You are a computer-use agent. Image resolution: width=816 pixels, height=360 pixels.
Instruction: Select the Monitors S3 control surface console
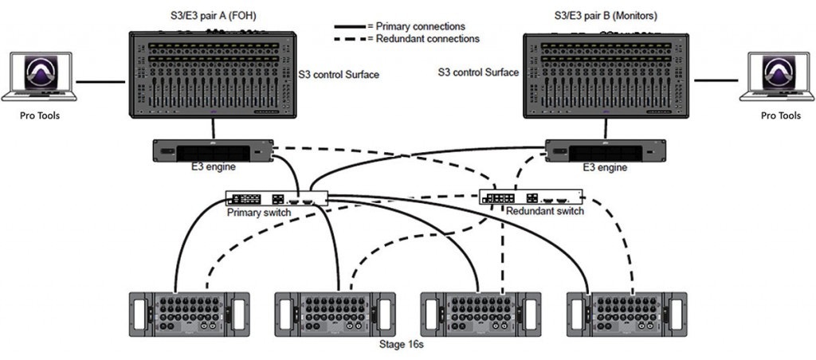pos(606,76)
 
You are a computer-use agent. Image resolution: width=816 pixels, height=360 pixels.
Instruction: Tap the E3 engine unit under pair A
pos(213,151)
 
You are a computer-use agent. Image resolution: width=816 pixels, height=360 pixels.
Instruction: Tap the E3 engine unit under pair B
pos(606,151)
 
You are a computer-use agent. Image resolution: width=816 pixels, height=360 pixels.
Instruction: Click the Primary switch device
pos(276,199)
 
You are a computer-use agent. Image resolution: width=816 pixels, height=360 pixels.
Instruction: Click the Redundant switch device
pos(530,198)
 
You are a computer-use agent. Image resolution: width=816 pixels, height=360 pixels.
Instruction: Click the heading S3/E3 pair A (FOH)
pos(210,17)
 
